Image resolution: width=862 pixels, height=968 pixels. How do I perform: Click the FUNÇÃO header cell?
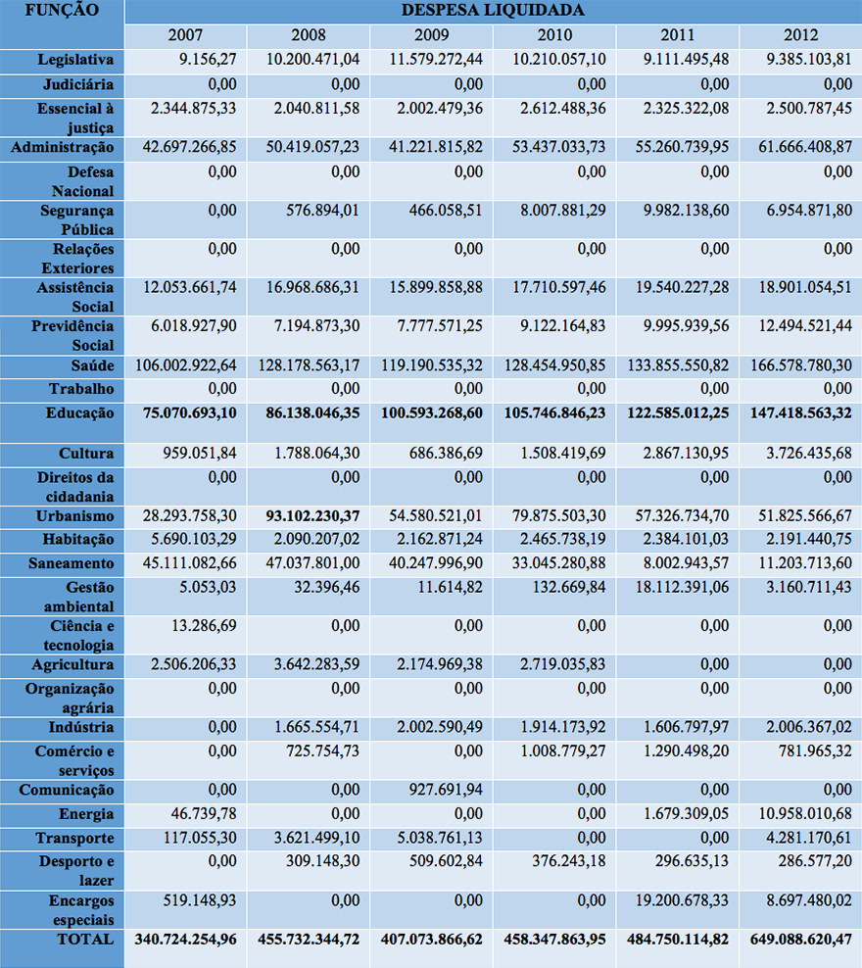pos(63,11)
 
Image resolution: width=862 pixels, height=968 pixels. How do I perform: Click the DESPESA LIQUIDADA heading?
pos(493,11)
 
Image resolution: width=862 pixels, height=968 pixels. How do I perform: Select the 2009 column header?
pos(432,35)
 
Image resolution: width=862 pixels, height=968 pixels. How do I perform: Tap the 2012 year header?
pos(800,35)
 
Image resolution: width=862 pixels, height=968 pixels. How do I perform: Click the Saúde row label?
pos(88,365)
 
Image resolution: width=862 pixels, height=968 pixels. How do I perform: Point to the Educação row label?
pos(79,413)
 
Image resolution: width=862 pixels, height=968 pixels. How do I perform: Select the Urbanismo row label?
pos(75,516)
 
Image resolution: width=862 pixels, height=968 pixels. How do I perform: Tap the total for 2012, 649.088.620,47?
pos(795,939)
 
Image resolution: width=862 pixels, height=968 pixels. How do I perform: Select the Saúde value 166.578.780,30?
pos(795,365)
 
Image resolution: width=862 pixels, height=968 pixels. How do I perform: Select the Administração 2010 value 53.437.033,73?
pos(550,147)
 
